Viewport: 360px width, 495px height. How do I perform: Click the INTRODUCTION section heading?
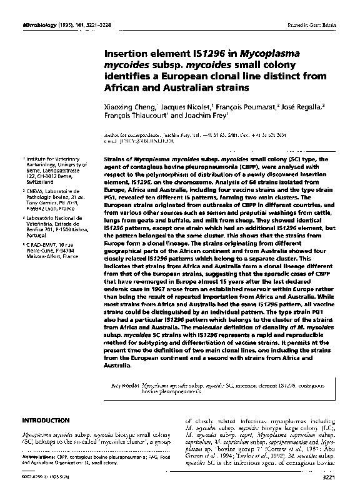point(46,421)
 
